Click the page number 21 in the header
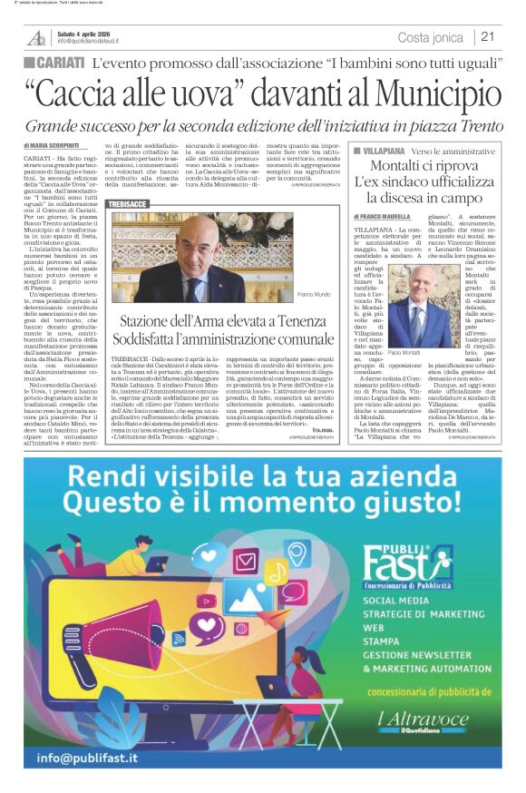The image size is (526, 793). [487, 36]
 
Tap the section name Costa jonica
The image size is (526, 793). [431, 37]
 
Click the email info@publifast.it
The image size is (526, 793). [87, 757]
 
